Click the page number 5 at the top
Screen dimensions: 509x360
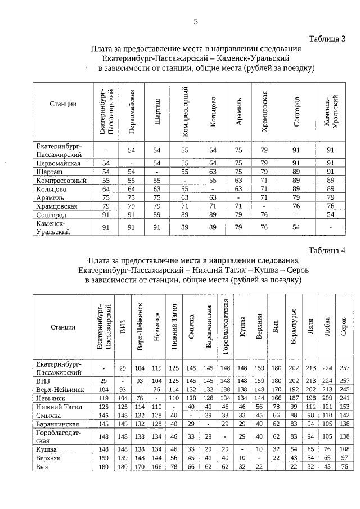coord(196,21)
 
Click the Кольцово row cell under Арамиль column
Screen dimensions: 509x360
coord(240,189)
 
